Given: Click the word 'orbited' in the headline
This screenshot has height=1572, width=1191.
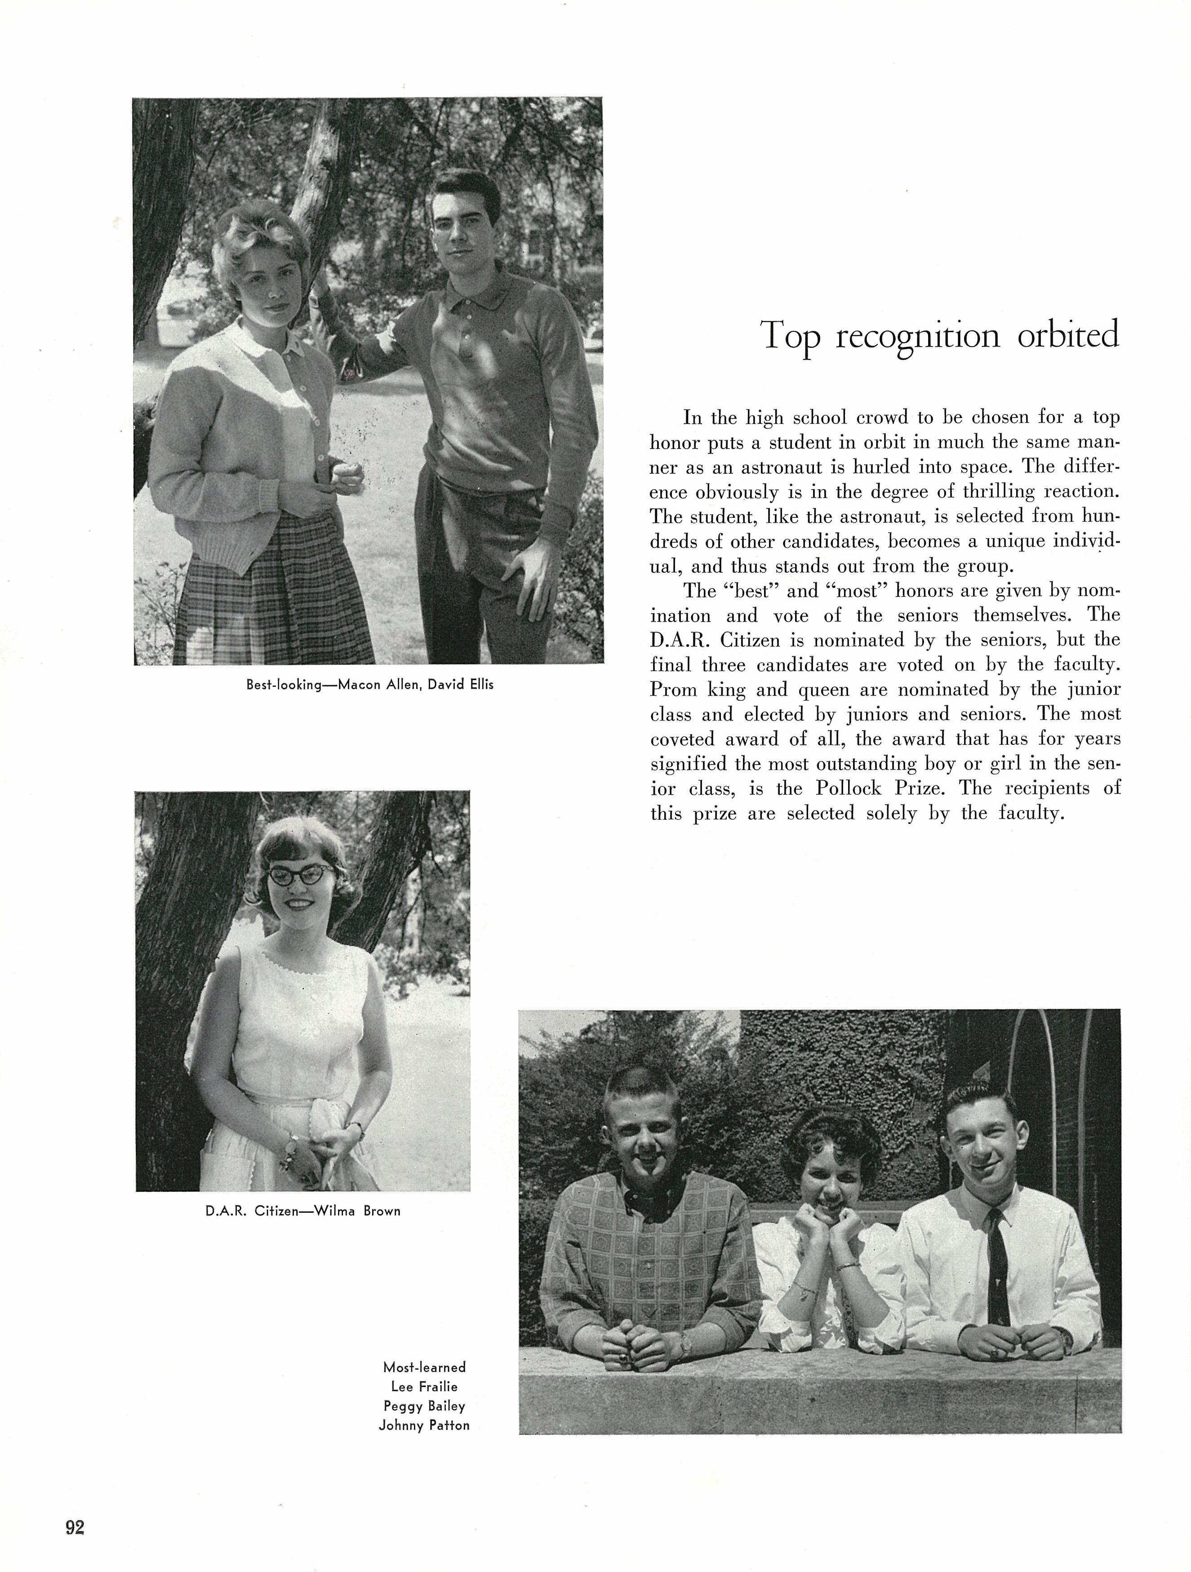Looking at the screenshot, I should point(1067,335).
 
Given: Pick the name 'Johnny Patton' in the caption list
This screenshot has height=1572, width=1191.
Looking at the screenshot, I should point(424,1425).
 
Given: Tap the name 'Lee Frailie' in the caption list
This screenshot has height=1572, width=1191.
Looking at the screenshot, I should point(424,1386).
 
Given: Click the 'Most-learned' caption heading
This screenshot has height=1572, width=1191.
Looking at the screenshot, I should point(424,1367).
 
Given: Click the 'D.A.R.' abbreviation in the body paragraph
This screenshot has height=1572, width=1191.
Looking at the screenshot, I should point(677,640).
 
